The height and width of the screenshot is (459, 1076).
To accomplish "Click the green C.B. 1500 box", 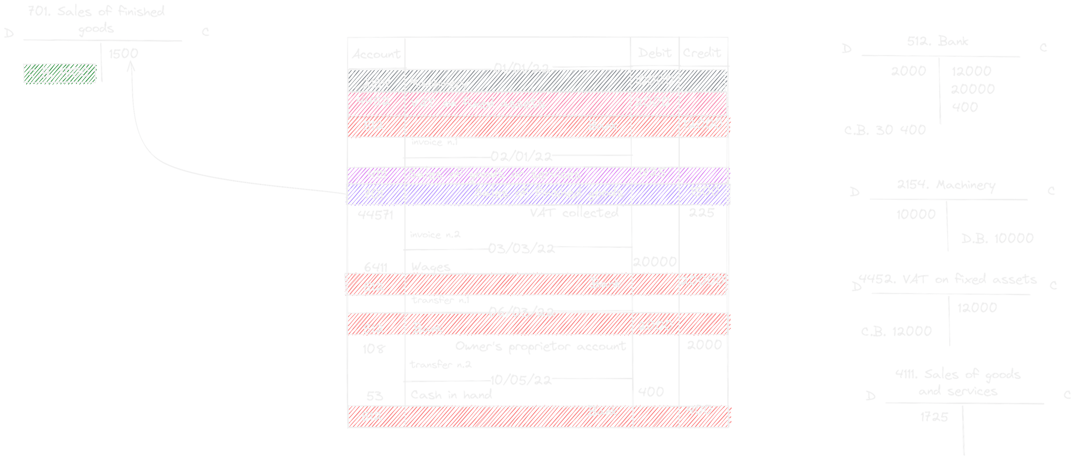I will [59, 73].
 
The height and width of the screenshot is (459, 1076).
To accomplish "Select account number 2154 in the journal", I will [375, 83].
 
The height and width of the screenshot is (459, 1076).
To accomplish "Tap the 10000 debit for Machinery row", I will [654, 80].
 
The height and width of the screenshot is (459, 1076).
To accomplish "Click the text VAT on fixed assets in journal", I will [477, 103].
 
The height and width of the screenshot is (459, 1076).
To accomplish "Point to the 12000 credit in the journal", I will [702, 124].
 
